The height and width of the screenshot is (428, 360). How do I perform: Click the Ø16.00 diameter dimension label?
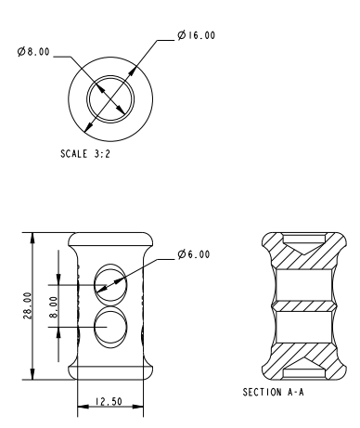(197, 35)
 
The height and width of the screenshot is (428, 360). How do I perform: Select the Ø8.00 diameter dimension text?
(33, 51)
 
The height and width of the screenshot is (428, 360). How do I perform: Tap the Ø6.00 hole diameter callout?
(194, 254)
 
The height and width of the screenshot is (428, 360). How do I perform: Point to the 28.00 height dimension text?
(27, 305)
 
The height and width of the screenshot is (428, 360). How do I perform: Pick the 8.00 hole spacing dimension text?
(53, 307)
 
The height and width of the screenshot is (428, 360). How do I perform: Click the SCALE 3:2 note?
(85, 154)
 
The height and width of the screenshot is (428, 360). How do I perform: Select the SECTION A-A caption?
(273, 392)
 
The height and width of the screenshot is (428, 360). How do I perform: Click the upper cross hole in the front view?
(110, 283)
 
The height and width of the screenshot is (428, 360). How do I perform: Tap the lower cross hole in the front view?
(110, 327)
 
